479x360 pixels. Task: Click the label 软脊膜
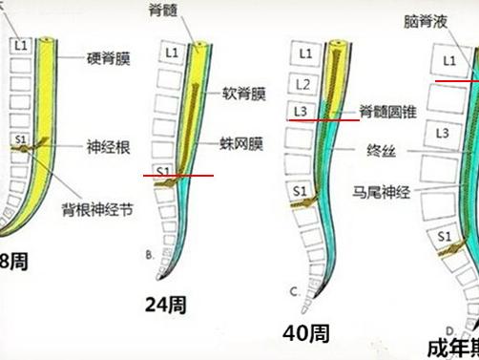tap(244, 95)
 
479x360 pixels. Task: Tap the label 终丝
tap(381, 151)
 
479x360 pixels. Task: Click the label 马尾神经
tap(381, 191)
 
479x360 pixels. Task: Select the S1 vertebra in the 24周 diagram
tap(161, 173)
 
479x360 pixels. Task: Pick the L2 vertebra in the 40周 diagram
tap(302, 85)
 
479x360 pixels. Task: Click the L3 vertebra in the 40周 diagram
tap(301, 112)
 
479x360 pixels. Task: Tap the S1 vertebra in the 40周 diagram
tap(300, 191)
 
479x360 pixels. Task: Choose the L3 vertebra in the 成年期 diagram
tap(443, 134)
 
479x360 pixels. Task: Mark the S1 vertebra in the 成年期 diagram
tap(444, 235)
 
